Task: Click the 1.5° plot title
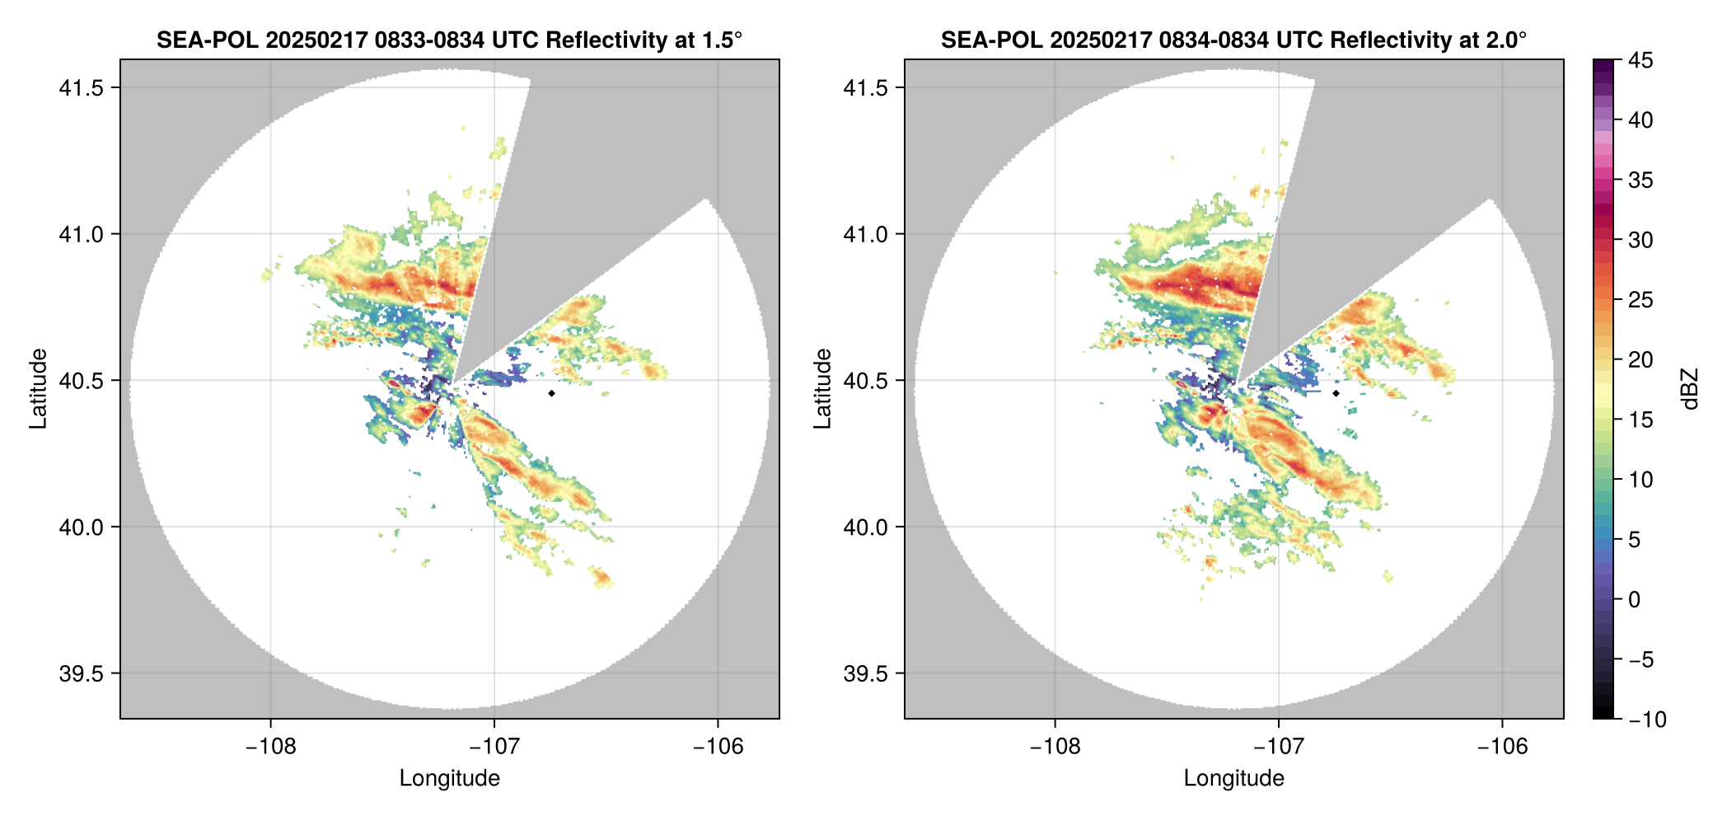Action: point(449,40)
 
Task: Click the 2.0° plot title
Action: point(1233,40)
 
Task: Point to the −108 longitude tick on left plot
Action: point(270,747)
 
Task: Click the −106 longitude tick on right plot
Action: point(1502,747)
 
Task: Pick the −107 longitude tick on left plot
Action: point(494,747)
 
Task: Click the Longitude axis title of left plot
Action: point(449,778)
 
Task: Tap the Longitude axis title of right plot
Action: point(1233,778)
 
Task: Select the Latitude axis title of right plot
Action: point(822,388)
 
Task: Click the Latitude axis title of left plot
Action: point(38,388)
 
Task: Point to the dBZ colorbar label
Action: point(1690,388)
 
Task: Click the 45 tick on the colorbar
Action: point(1640,60)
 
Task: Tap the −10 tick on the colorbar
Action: point(1647,720)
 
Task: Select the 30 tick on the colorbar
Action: point(1640,240)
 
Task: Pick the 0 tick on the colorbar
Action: point(1635,600)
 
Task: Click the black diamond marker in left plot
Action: point(551,393)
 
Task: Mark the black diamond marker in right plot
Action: point(1336,393)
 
